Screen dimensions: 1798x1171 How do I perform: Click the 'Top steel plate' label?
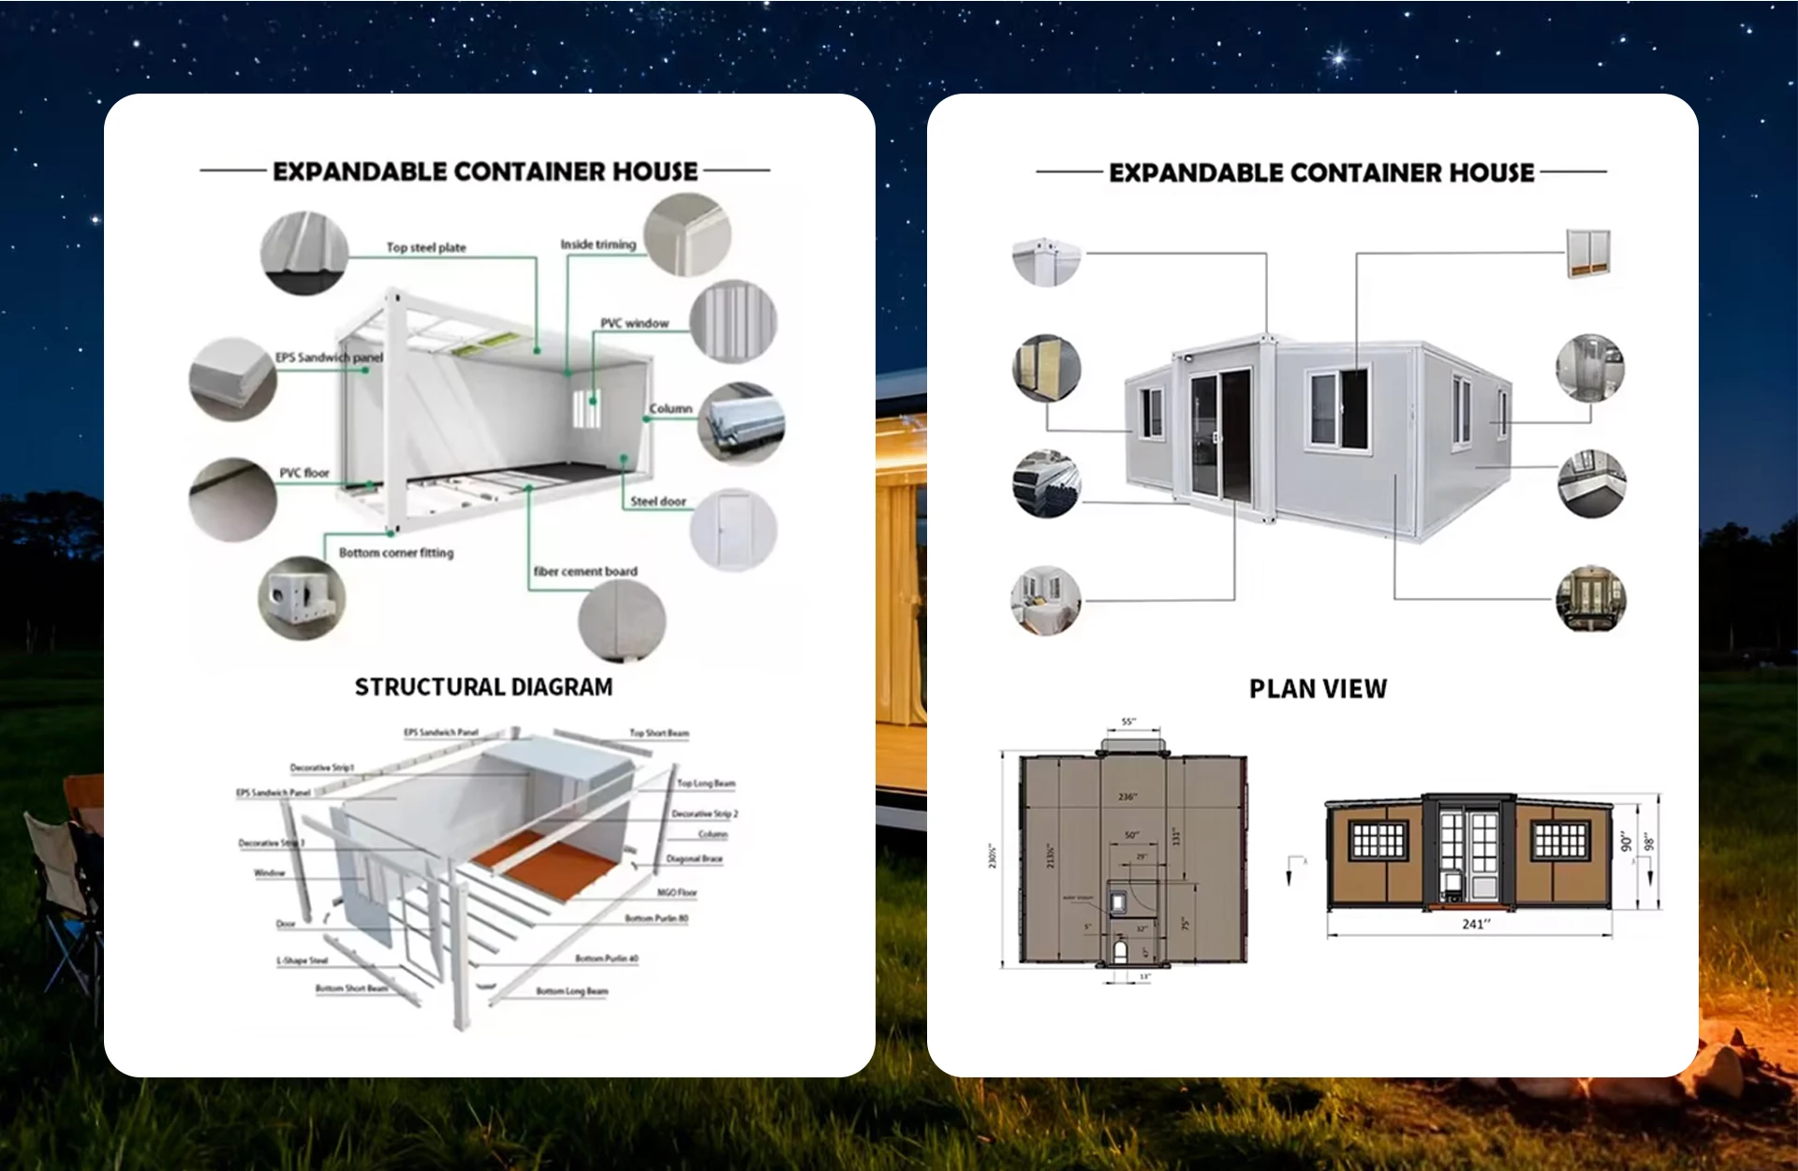[426, 248]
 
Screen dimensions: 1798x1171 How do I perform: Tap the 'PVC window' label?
[634, 324]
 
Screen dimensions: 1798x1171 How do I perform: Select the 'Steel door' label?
[657, 502]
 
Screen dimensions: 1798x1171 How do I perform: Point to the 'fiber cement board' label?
[585, 571]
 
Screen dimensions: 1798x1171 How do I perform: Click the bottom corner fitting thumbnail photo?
[302, 598]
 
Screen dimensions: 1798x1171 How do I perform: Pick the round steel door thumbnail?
[733, 530]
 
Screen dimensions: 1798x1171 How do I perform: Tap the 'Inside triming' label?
[597, 244]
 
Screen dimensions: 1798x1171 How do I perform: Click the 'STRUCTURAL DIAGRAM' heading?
[483, 687]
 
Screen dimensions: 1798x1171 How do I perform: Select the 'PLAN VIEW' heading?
[1318, 689]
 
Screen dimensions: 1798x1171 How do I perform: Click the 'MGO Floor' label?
[676, 893]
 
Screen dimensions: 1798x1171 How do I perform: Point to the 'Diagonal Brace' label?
[694, 858]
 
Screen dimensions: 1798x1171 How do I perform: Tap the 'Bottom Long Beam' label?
[571, 991]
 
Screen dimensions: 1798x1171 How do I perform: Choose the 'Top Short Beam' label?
[658, 733]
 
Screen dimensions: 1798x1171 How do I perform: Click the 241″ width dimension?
[1476, 924]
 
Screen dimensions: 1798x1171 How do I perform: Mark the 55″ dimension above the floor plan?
[1128, 722]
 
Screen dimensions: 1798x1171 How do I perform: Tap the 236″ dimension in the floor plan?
[1127, 797]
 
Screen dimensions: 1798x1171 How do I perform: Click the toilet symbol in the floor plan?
[1121, 952]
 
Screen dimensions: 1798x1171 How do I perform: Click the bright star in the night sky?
[1339, 58]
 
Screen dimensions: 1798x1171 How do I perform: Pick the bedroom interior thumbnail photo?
[1046, 600]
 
